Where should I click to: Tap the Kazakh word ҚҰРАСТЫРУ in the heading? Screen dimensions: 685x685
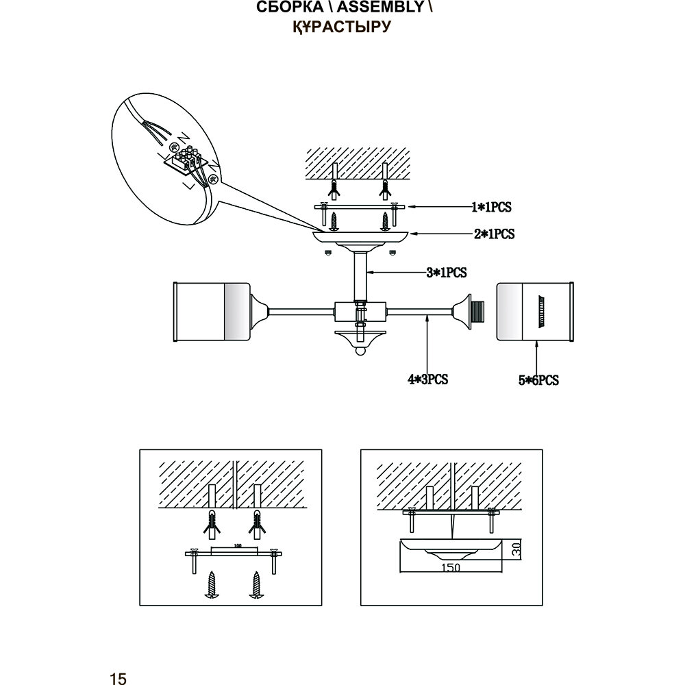pos(341,27)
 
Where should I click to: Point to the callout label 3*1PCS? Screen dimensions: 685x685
pos(446,273)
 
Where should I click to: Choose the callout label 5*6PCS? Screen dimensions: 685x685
pos(538,380)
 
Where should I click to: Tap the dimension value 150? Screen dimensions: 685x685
pos(449,567)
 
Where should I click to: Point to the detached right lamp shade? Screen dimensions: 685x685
pos(534,310)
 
